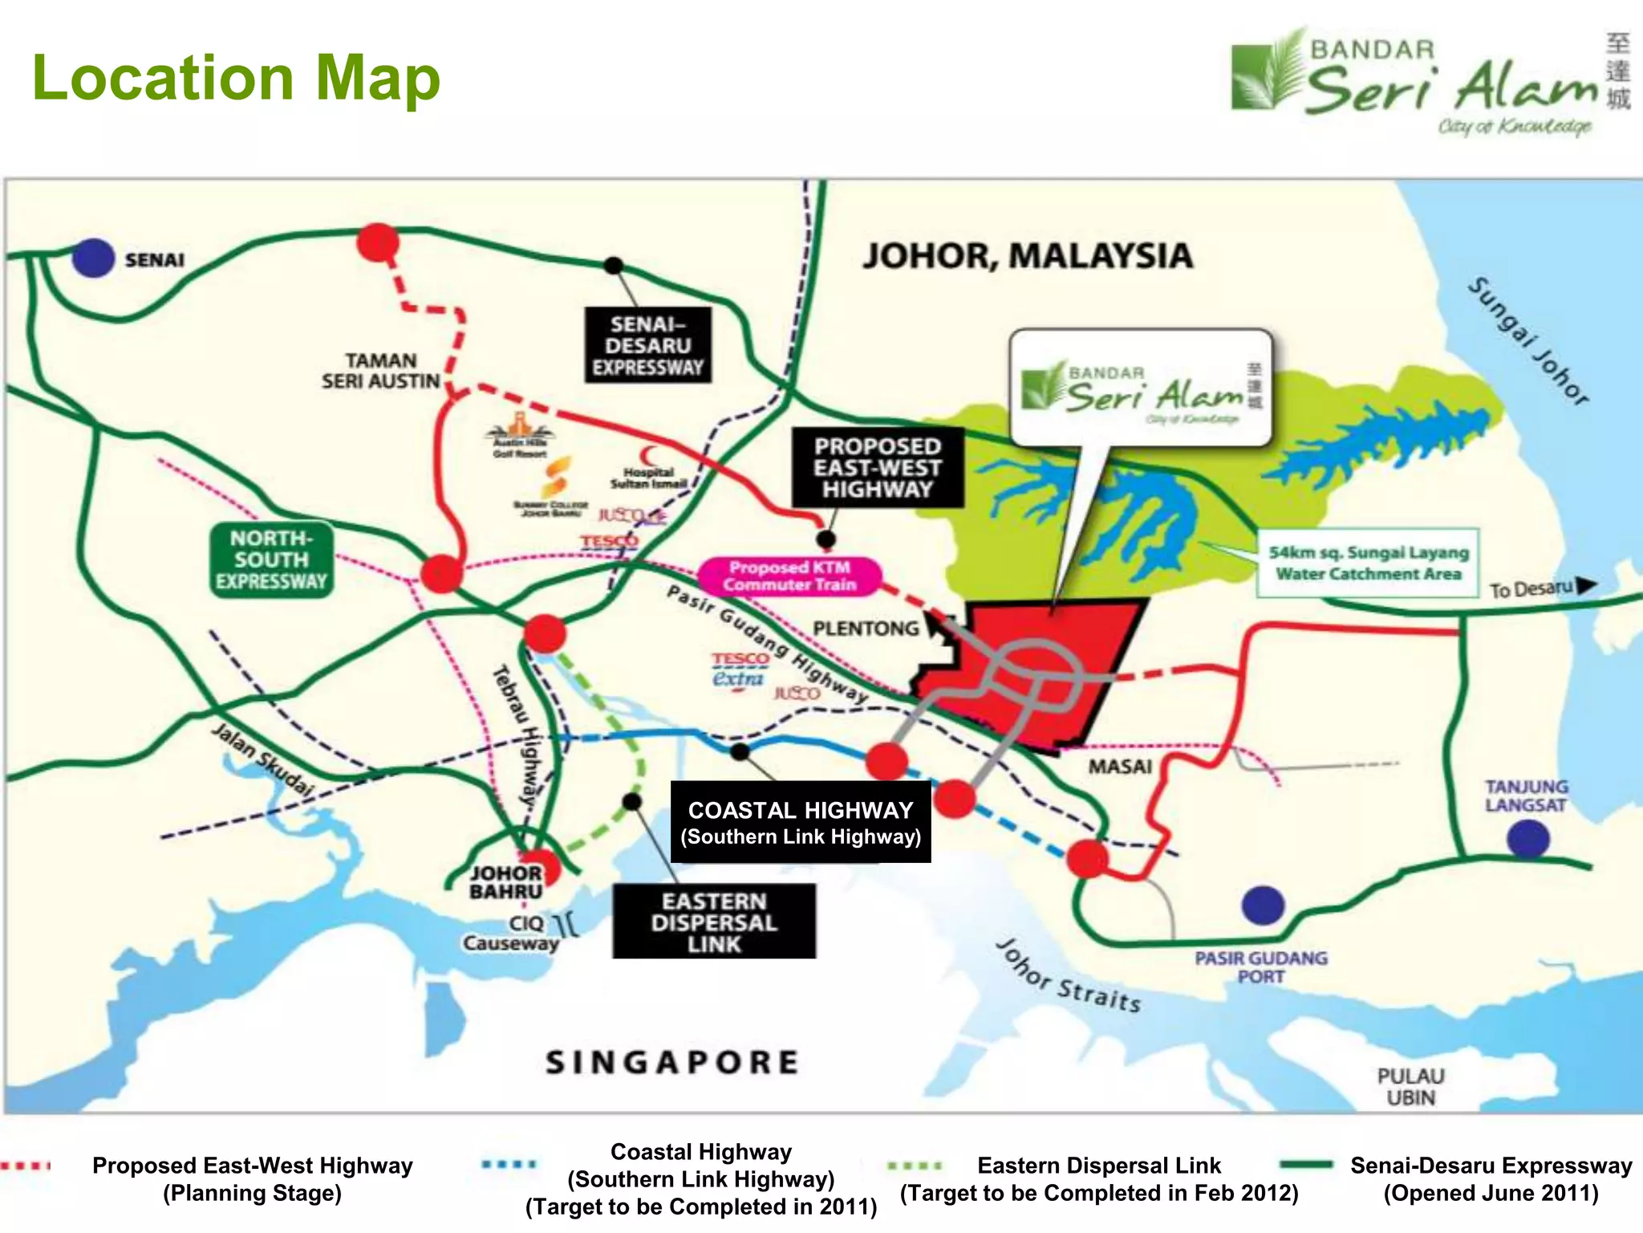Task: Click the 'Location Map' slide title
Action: point(236,78)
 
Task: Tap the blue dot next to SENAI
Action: point(93,258)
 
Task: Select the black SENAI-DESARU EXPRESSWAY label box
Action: point(647,345)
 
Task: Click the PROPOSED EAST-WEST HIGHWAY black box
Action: point(878,468)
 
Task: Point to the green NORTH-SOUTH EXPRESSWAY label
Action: point(271,560)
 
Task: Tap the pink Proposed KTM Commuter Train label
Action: point(789,576)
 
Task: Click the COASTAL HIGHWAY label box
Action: point(801,822)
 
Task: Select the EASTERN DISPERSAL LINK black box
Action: point(714,922)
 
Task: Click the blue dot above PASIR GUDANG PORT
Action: point(1263,905)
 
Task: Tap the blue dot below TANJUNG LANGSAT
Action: point(1527,840)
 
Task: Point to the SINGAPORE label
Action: point(672,1062)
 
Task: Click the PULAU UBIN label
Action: point(1410,1086)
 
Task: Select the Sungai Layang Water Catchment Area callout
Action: point(1368,563)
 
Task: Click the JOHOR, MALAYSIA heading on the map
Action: point(1028,255)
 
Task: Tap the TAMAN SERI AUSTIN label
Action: point(381,371)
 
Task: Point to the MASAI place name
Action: point(1120,767)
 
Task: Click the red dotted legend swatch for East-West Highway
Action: point(26,1166)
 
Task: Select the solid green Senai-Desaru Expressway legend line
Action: point(1306,1164)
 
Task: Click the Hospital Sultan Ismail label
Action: point(648,478)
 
